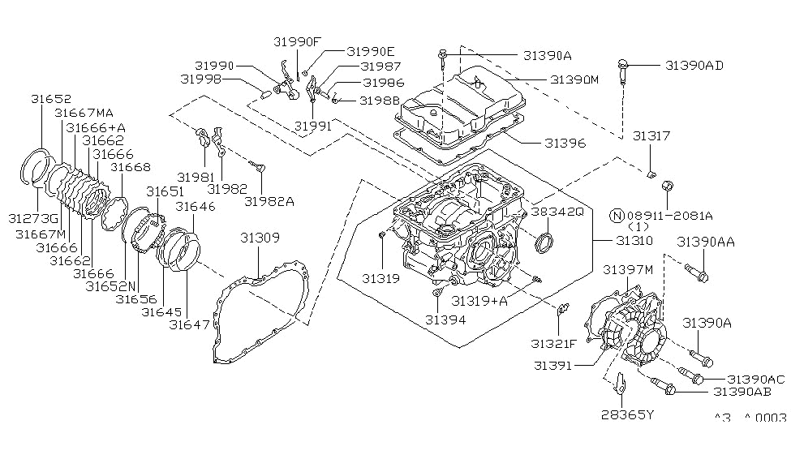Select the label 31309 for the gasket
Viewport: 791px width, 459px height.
[x=260, y=238]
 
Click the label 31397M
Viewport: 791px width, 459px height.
[x=628, y=269]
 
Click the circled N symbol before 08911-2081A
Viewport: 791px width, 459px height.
[x=618, y=216]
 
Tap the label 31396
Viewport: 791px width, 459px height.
[x=563, y=142]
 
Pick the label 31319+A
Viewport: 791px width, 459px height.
[x=479, y=301]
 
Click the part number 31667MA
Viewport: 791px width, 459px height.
[x=84, y=113]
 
